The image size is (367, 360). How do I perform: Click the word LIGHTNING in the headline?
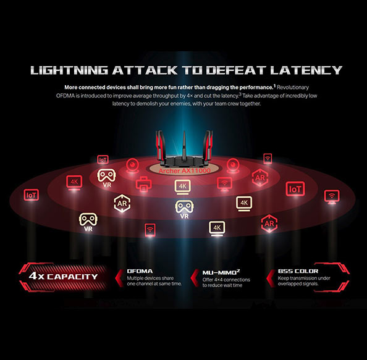(69, 70)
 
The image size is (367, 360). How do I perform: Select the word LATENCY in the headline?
(306, 70)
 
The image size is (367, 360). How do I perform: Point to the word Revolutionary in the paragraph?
(293, 88)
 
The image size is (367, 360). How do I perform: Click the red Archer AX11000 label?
(185, 171)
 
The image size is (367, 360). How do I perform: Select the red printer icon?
(143, 184)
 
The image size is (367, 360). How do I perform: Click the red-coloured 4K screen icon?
(74, 182)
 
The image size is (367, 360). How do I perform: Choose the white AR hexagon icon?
(122, 203)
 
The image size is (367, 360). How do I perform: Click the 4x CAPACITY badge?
(64, 277)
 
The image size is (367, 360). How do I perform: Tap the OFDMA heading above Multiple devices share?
(140, 271)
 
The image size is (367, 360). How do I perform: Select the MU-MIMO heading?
(221, 272)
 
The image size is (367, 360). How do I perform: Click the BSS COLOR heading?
(298, 271)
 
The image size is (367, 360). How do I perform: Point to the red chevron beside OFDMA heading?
(119, 278)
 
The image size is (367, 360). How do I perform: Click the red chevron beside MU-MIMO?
(195, 278)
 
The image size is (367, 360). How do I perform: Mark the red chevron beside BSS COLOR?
(271, 278)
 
